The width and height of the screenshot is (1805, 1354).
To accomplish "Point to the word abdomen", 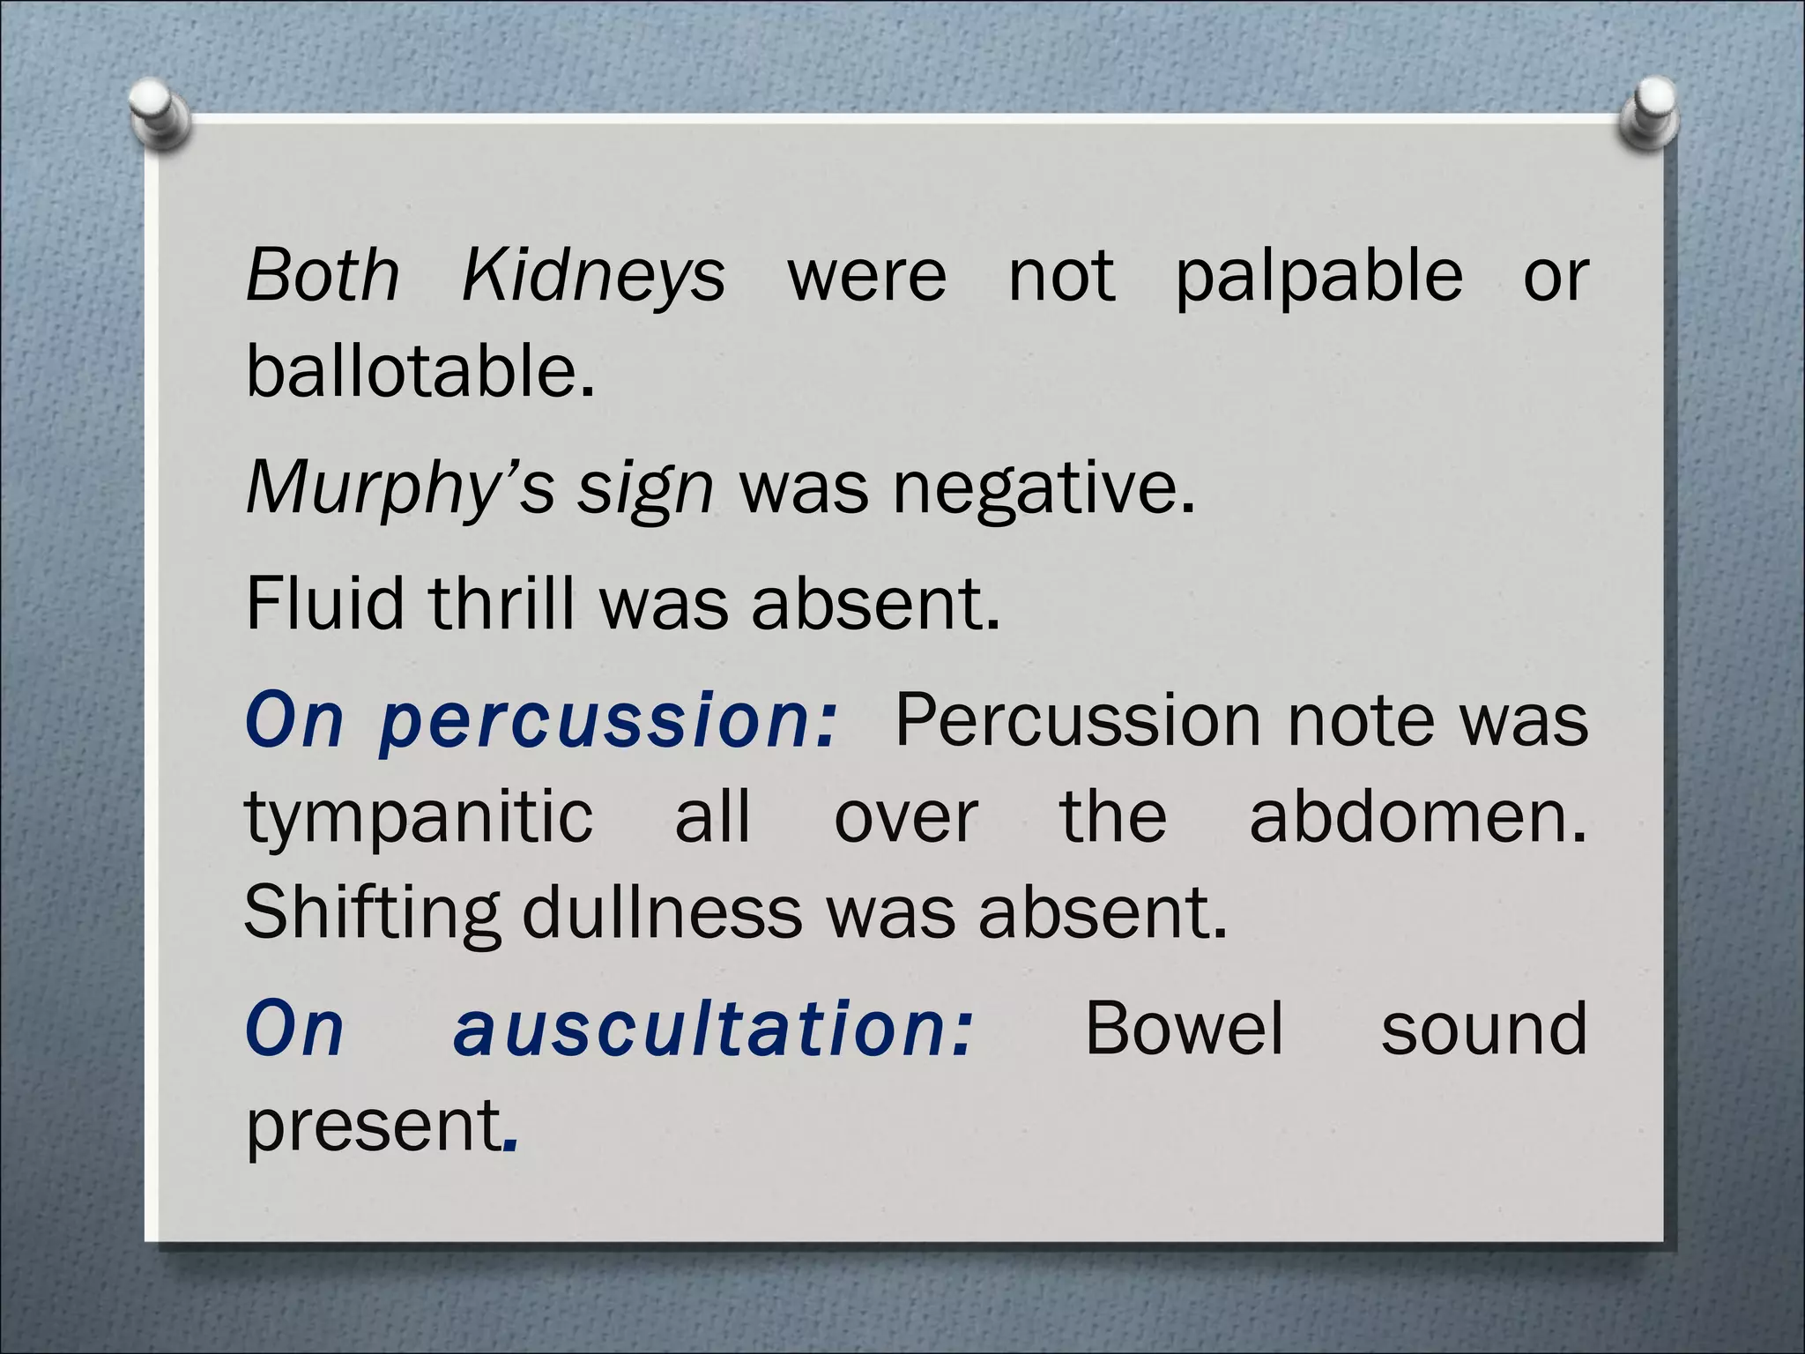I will point(1416,816).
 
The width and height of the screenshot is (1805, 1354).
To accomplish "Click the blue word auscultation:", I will point(714,1030).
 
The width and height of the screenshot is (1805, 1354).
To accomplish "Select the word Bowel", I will point(1184,1028).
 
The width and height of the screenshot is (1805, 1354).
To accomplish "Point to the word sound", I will point(1484,1030).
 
